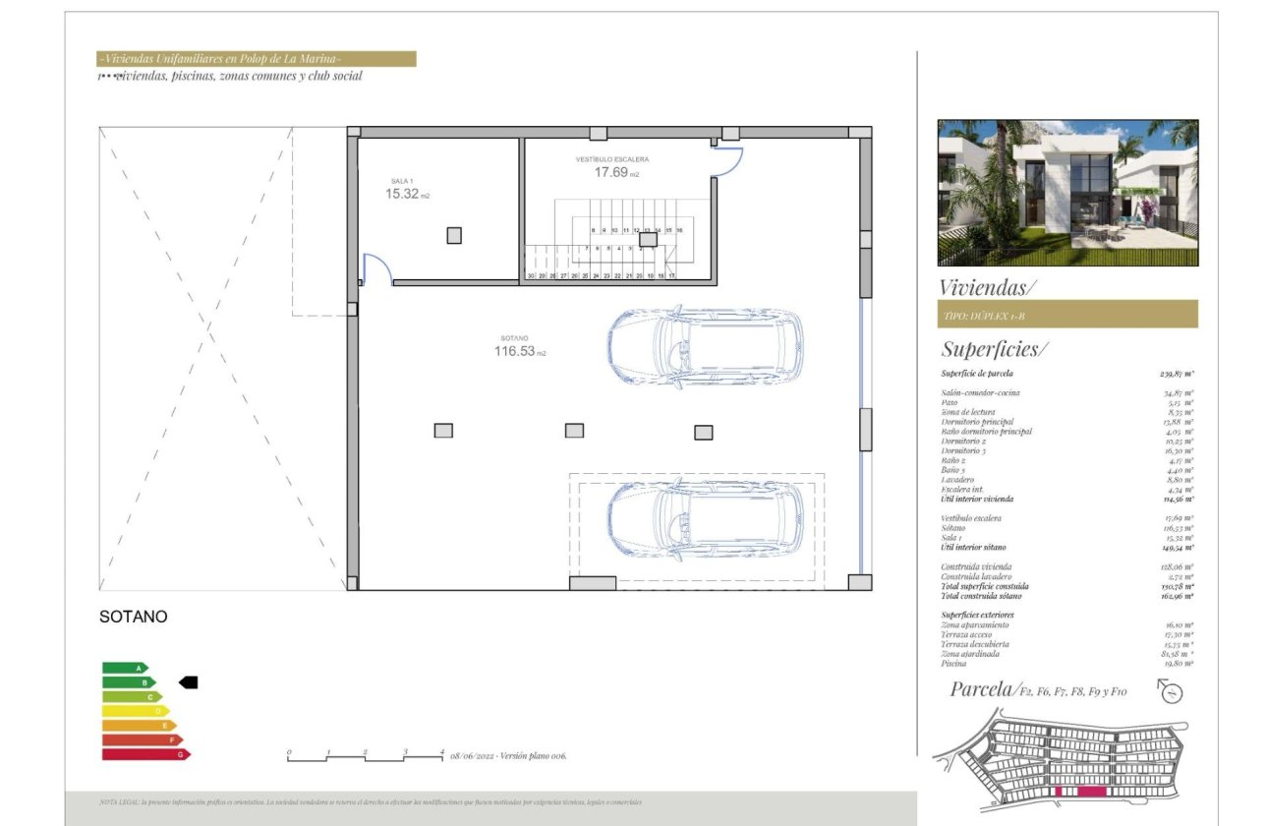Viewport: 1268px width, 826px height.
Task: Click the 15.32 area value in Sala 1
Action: click(x=402, y=194)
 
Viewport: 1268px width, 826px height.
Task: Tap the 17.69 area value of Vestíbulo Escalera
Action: click(x=609, y=172)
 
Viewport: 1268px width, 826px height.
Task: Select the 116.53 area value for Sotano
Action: click(x=514, y=350)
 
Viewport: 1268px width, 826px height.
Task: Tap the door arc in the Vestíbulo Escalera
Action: click(x=727, y=161)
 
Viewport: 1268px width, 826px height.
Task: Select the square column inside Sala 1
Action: click(x=453, y=235)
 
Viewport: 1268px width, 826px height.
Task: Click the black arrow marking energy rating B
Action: click(x=188, y=682)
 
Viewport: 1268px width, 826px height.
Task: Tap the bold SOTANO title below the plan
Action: click(x=134, y=618)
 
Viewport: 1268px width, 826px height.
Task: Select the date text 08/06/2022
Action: click(x=474, y=756)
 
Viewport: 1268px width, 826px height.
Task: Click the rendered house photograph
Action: click(x=1067, y=193)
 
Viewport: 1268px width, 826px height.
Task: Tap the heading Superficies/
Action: click(x=995, y=349)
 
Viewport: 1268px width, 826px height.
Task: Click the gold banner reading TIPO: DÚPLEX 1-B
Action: click(x=1067, y=315)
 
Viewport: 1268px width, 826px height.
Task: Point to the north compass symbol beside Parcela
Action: click(x=1171, y=692)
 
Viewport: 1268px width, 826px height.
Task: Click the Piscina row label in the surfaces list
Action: click(x=955, y=664)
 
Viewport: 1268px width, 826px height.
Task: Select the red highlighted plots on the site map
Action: click(x=1079, y=791)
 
